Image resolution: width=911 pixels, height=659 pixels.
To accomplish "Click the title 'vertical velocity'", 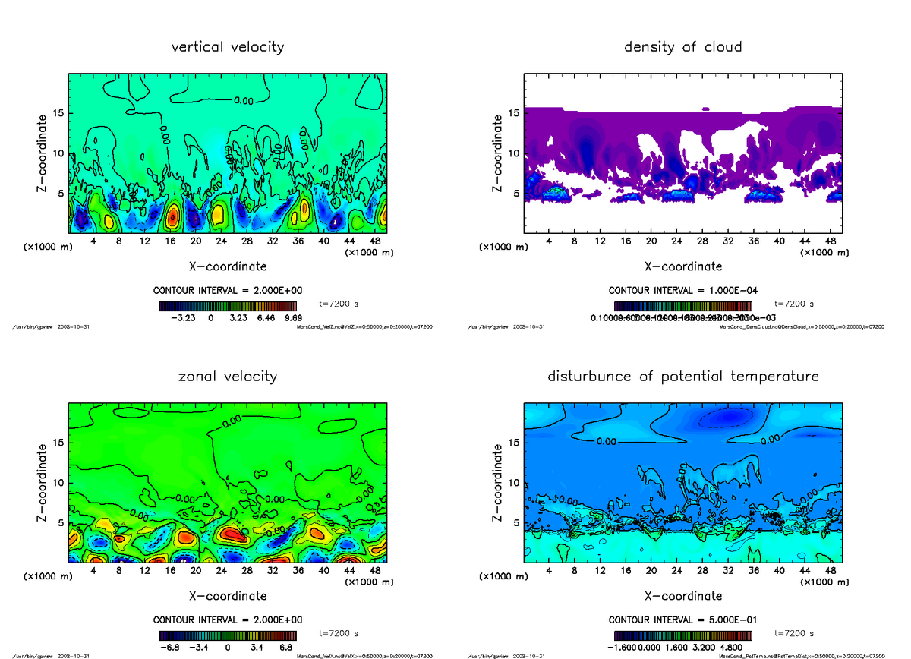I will (x=228, y=47).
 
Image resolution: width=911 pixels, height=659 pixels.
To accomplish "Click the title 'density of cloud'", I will (x=682, y=47).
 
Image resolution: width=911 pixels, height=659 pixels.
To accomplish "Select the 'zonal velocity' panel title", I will (x=228, y=377).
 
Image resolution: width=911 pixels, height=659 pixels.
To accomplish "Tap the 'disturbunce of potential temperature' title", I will (x=682, y=377).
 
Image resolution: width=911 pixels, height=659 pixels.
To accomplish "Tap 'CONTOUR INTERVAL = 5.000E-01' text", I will (x=682, y=620).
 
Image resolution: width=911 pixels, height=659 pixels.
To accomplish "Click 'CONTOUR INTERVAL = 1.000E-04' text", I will (x=682, y=291).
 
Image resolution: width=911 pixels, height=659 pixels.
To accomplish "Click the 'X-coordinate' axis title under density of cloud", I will (x=682, y=266).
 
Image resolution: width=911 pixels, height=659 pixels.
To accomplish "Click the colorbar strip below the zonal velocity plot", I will (x=227, y=635).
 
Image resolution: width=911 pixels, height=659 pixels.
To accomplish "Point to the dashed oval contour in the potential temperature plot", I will (x=726, y=416).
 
